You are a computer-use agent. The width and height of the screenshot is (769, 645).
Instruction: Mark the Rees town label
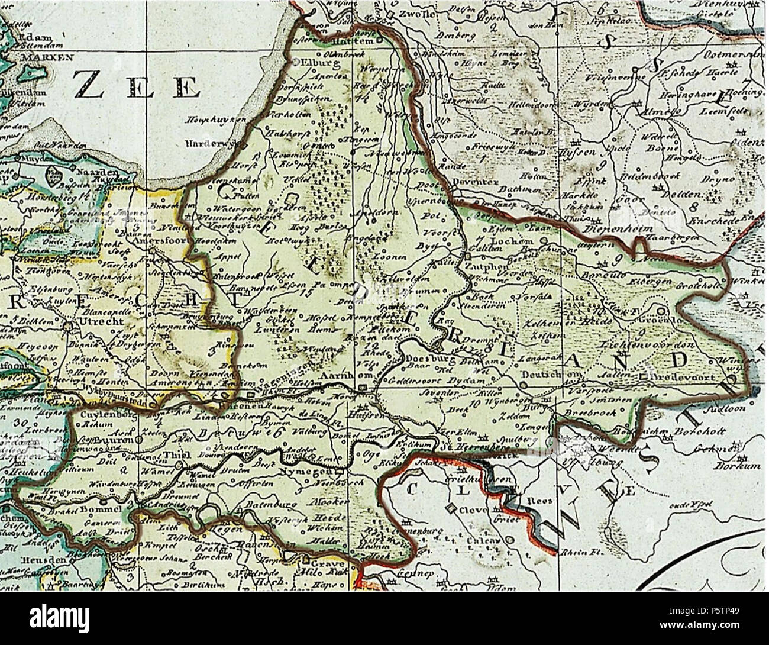click(542, 500)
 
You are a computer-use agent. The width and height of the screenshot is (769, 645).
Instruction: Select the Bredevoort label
click(687, 376)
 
